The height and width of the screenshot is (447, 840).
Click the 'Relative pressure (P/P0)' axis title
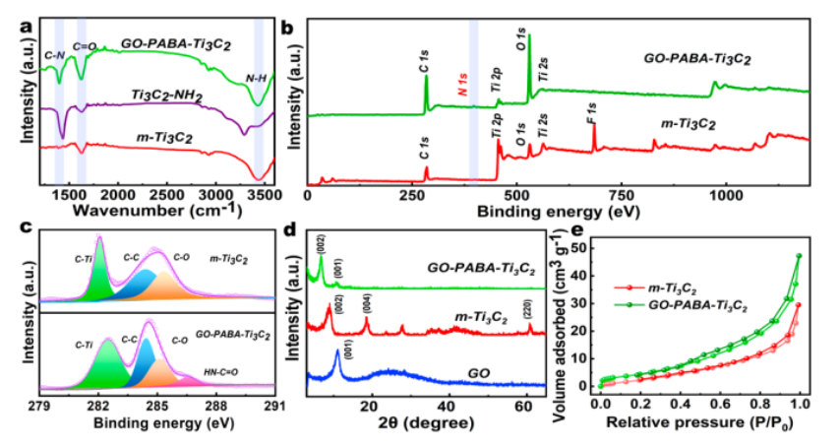[700, 425]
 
